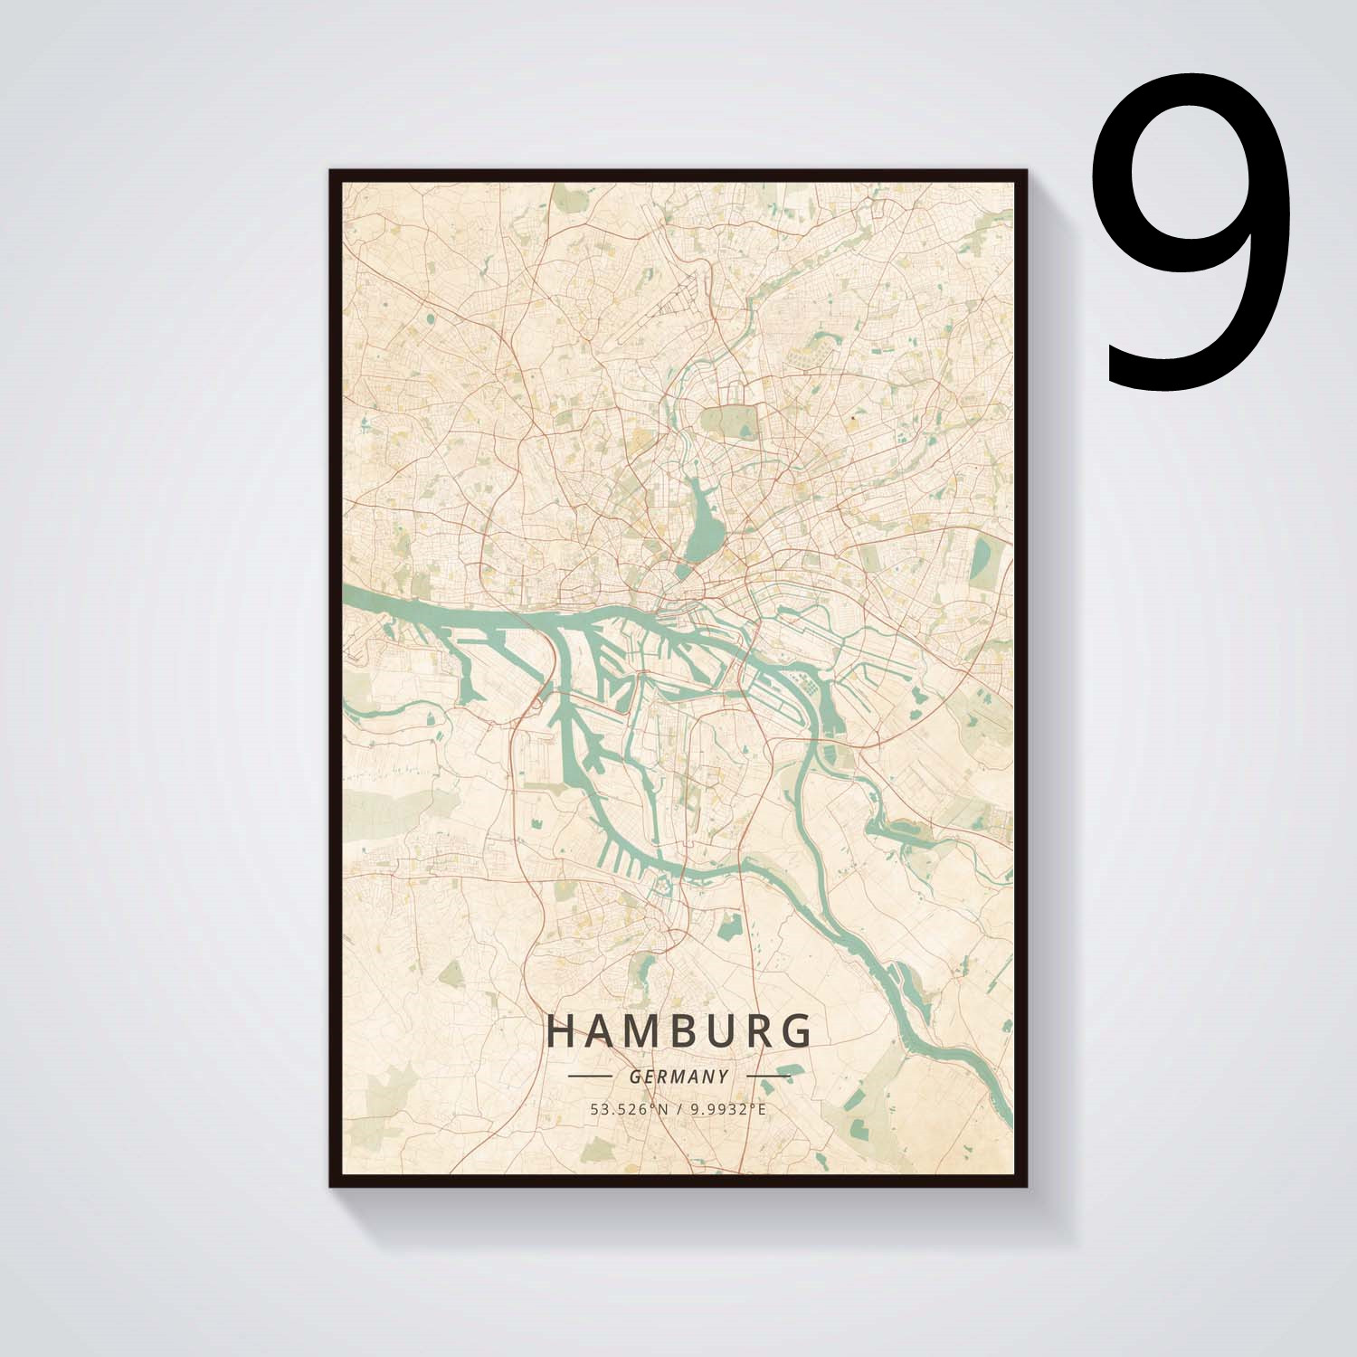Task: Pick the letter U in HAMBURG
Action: (718, 1031)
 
